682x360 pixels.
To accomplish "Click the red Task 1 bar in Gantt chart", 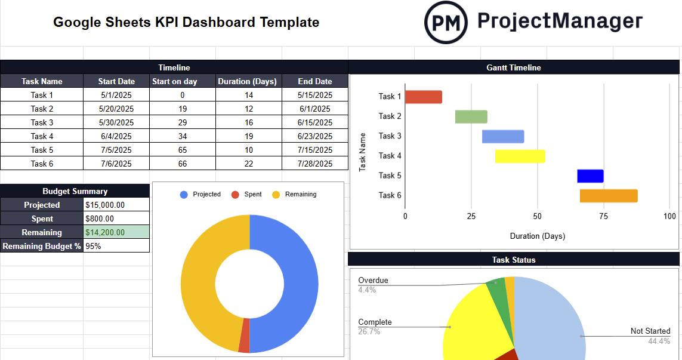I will point(424,97).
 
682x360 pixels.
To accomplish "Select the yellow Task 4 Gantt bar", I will point(520,156).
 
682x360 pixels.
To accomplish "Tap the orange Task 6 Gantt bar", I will point(609,196).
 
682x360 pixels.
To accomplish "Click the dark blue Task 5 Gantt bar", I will point(590,176).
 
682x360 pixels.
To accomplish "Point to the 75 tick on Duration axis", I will point(604,216).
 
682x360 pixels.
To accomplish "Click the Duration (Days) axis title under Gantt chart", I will point(537,236).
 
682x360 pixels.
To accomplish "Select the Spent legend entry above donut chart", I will point(252,195).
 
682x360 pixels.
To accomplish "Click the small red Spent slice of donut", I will point(244,343).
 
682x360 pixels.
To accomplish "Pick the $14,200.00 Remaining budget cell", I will point(116,232).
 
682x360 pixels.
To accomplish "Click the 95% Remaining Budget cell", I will point(116,246).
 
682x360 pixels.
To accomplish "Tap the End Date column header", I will point(314,81).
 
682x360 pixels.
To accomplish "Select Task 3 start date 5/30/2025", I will point(116,122).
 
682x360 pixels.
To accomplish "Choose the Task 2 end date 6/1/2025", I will point(314,109).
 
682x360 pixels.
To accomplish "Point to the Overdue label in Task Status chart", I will point(373,280).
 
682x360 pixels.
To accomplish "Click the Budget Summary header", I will point(75,191).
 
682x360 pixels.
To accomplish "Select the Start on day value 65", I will point(182,150).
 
